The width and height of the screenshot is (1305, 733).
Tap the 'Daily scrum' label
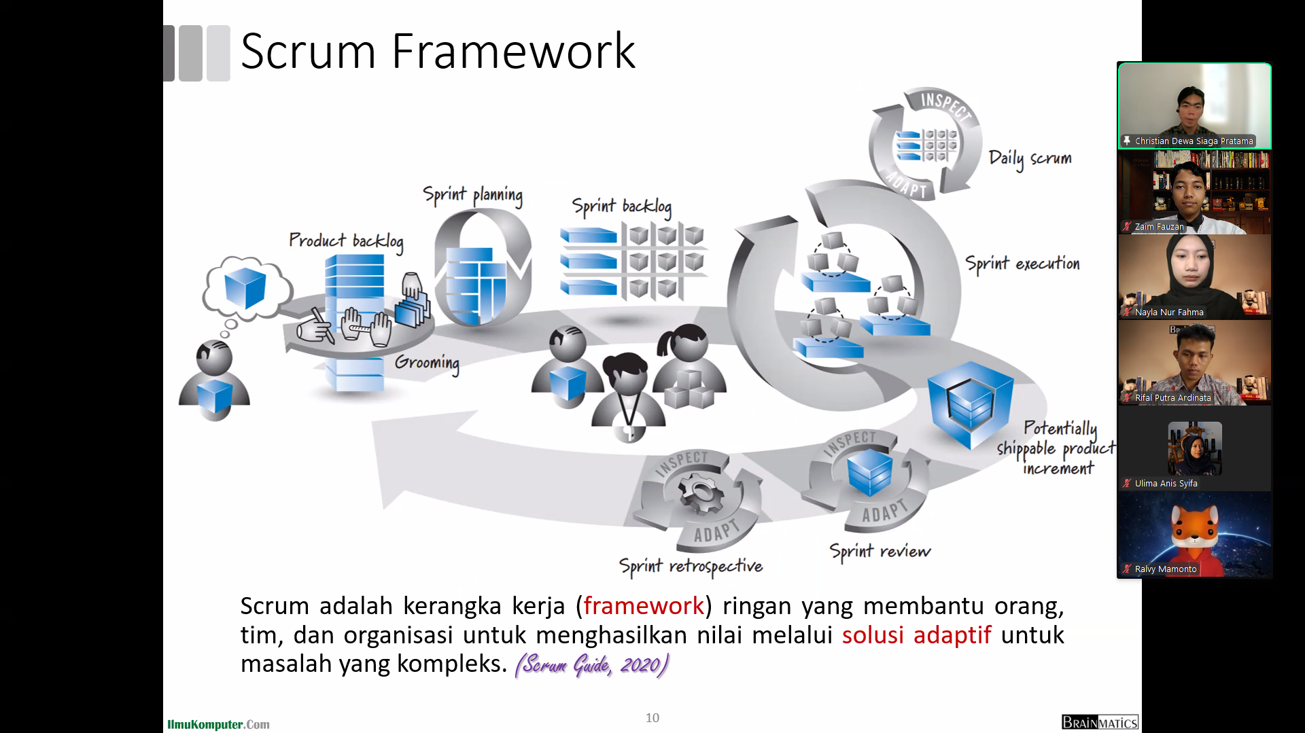(1030, 158)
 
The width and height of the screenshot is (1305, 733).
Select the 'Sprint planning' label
(472, 195)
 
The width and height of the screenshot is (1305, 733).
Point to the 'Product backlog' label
(346, 240)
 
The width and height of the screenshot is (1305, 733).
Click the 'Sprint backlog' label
(621, 206)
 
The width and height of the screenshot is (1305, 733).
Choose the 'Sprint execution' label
(1022, 264)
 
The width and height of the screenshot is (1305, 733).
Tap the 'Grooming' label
(427, 362)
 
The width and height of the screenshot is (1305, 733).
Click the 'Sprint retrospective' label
(691, 566)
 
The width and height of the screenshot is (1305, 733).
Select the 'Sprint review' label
(880, 551)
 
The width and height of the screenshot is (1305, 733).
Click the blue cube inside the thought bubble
(245, 287)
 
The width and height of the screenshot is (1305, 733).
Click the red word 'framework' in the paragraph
(644, 605)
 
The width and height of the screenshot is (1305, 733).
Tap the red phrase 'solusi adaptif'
(916, 634)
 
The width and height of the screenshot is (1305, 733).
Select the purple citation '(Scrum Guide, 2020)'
(592, 664)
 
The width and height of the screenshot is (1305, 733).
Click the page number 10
(652, 717)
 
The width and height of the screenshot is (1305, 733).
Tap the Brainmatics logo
(1099, 722)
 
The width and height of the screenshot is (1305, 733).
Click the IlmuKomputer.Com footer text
(218, 724)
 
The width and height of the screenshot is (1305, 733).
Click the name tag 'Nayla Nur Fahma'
(1168, 312)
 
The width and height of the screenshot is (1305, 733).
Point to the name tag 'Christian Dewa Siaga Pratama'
(1194, 141)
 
